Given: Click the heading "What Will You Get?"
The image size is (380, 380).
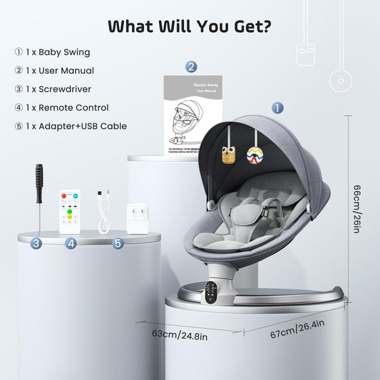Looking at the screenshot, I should (190, 26).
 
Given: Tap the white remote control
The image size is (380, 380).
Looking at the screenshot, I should (69, 210).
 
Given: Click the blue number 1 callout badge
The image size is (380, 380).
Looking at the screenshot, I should (277, 108).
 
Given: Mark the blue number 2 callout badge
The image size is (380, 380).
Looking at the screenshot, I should (191, 67).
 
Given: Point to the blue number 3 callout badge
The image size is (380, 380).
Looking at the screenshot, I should (36, 243).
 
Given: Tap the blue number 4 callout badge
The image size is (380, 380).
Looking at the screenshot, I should (70, 243).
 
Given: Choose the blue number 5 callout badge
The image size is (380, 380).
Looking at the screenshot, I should (118, 243).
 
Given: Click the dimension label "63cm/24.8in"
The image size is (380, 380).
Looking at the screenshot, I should (176, 333).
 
